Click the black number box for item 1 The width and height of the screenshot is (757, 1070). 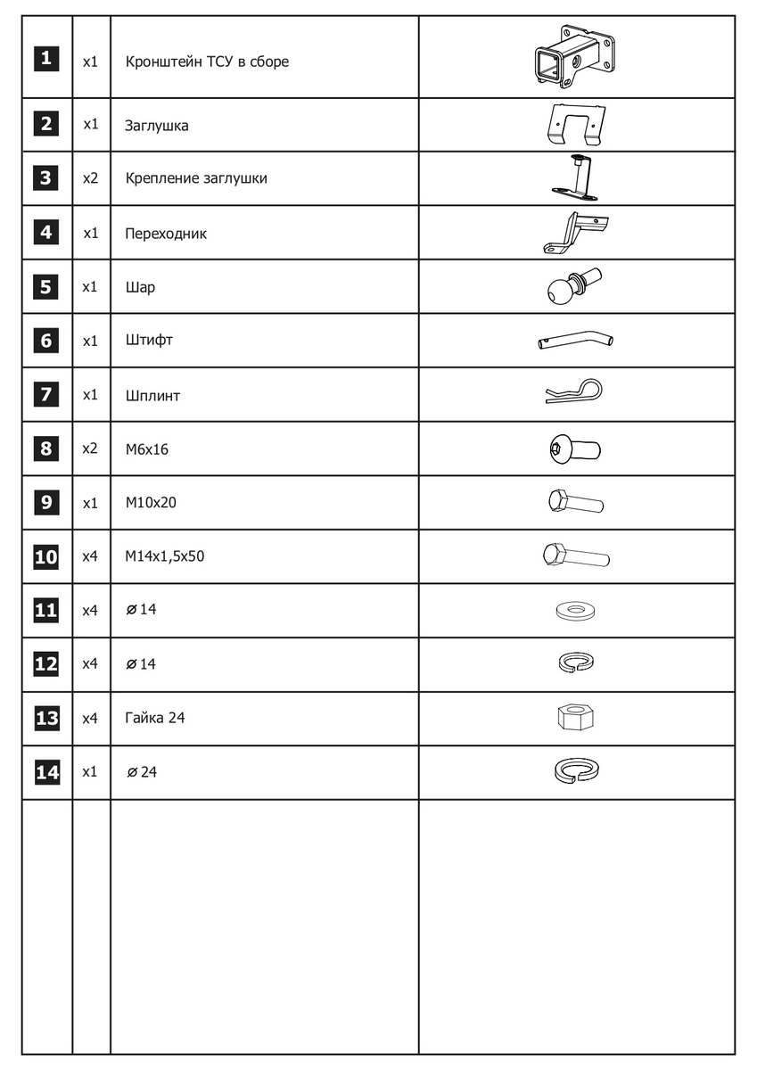(46, 61)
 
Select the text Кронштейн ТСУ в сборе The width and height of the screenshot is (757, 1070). (207, 62)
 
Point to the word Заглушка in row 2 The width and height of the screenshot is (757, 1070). (157, 126)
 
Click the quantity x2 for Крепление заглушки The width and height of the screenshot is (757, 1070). (90, 178)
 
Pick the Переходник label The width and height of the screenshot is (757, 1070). (166, 234)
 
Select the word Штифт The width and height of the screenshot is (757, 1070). (149, 341)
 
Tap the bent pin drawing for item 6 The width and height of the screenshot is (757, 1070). (575, 341)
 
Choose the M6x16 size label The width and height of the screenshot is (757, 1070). (147, 449)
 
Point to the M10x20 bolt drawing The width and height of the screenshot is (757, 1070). (575, 502)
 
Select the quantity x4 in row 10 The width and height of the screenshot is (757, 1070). (90, 556)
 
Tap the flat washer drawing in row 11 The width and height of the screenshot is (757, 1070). (575, 612)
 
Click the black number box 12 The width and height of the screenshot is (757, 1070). (46, 664)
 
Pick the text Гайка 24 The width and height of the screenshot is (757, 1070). (155, 718)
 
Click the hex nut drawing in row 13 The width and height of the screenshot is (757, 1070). (575, 717)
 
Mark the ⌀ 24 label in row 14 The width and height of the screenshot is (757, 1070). (142, 772)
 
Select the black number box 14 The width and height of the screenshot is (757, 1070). (46, 772)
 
